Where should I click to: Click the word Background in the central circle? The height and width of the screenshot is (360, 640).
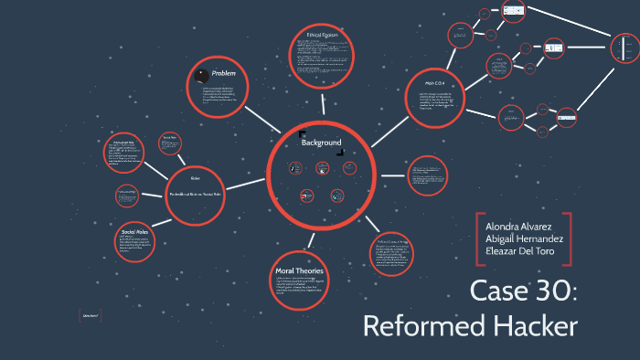point(321,143)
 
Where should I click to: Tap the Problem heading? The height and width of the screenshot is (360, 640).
point(224,72)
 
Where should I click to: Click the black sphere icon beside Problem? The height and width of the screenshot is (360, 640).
point(201,72)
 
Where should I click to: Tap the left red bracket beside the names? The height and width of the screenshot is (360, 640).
point(479,239)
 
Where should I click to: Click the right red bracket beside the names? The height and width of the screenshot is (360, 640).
point(570,239)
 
